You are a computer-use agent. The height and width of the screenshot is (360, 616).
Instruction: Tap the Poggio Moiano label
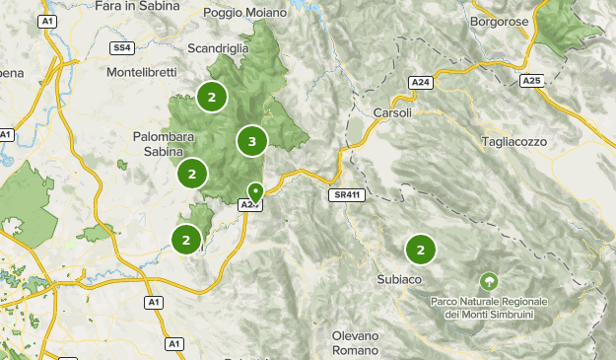coord(245,13)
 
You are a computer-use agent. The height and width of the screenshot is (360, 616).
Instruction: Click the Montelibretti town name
coord(145,72)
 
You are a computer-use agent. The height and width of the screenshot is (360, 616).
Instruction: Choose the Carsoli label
coord(392,112)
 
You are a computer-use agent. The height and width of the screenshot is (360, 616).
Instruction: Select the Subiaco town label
coord(399,280)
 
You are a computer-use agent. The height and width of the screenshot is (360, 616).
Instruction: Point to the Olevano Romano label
coord(355,343)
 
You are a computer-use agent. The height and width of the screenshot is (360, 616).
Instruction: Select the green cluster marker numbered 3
coord(252,142)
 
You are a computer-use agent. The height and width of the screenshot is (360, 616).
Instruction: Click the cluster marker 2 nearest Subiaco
coord(421,250)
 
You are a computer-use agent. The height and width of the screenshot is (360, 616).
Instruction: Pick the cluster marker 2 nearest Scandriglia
coord(211,97)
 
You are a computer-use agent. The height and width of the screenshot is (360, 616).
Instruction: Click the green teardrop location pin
coord(255,191)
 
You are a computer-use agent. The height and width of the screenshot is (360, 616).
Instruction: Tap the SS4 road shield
coord(122,46)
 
